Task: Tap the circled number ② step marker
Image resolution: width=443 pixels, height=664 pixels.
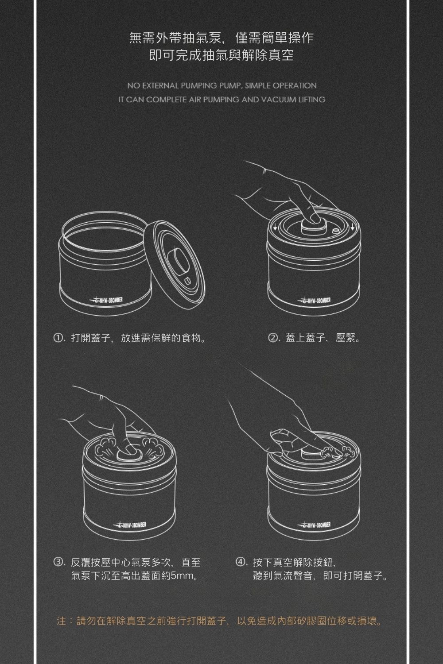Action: (x=273, y=339)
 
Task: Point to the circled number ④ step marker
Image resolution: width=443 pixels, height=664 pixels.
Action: (x=241, y=563)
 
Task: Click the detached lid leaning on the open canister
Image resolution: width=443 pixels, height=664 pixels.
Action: (x=175, y=263)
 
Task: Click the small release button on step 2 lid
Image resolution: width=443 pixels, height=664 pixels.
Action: (x=335, y=232)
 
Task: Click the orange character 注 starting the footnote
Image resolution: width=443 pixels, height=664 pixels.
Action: (x=62, y=621)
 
